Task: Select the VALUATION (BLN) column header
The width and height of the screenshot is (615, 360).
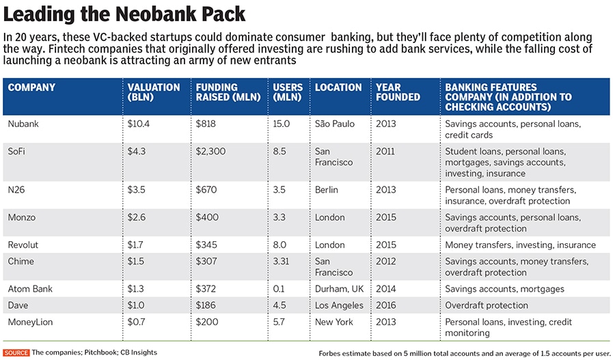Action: tap(154, 92)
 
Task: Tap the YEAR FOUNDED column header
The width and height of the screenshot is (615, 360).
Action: tap(398, 92)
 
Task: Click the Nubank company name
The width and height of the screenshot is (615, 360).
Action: tap(25, 124)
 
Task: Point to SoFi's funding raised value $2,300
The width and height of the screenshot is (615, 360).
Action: tap(210, 152)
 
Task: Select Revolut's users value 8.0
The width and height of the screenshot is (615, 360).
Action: tap(281, 245)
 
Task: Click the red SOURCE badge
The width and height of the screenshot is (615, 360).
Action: tap(16, 352)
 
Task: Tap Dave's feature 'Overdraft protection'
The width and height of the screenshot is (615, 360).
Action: tap(487, 305)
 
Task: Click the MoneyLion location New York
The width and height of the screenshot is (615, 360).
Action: tap(333, 322)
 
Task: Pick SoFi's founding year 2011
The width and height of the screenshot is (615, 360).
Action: tap(385, 152)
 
